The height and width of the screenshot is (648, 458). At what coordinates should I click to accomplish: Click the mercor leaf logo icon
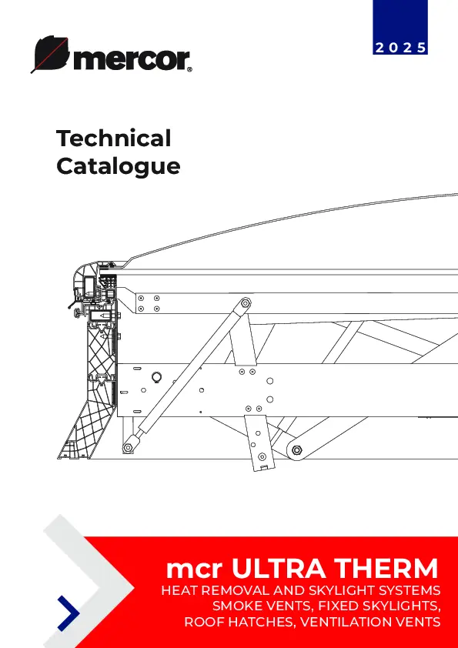pyautogui.click(x=50, y=53)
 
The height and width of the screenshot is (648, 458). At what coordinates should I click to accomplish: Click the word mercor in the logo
pyautogui.click(x=132, y=60)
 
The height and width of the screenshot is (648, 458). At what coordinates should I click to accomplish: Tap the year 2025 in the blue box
pyautogui.click(x=400, y=48)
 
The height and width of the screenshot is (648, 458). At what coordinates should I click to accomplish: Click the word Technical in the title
pyautogui.click(x=114, y=138)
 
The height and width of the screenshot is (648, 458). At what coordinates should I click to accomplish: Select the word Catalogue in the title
pyautogui.click(x=119, y=166)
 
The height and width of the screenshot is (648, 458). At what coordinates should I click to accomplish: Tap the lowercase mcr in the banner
pyautogui.click(x=195, y=571)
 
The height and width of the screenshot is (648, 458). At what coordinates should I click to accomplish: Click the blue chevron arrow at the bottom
pyautogui.click(x=70, y=613)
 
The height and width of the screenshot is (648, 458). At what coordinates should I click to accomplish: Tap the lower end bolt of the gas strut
pyautogui.click(x=128, y=447)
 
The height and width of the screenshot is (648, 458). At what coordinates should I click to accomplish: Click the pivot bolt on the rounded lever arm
pyautogui.click(x=296, y=450)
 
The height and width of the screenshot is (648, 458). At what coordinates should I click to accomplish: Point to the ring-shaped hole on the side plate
pyautogui.click(x=156, y=377)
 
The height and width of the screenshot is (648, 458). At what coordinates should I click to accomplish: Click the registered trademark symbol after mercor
pyautogui.click(x=189, y=69)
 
